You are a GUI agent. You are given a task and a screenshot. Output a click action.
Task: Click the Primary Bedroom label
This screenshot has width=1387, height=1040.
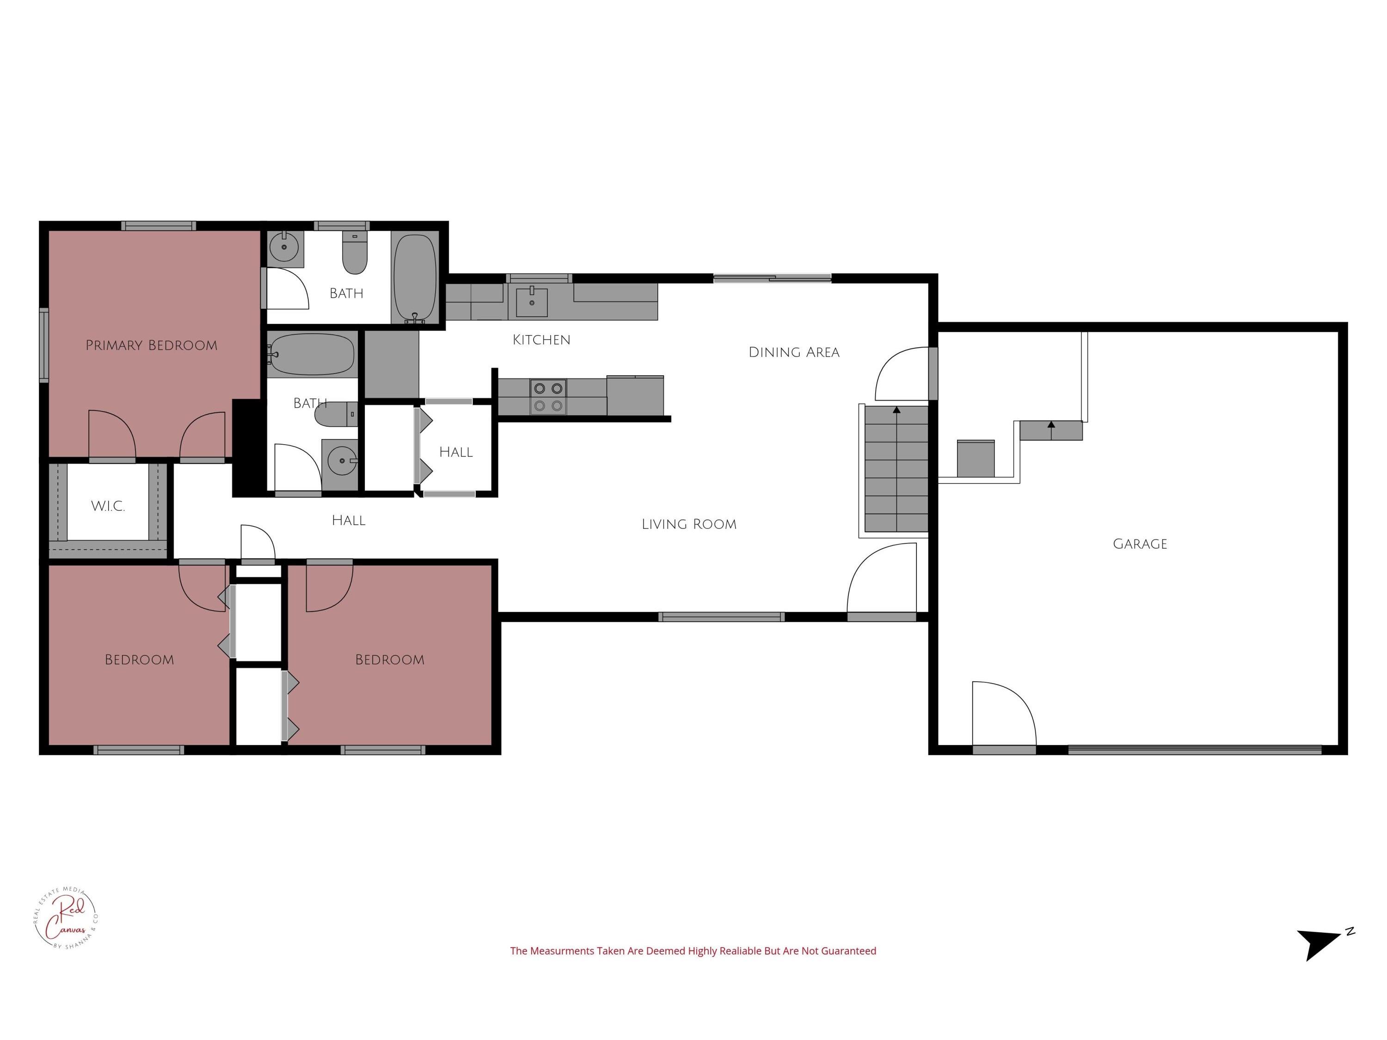pos(151,345)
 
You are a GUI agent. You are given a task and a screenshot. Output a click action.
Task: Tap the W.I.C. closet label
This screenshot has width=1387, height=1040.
pos(108,507)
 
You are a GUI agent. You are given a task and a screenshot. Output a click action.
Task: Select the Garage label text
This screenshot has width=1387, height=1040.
pos(1139,544)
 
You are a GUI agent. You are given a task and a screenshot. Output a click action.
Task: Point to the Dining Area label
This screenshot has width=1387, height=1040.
pos(793,352)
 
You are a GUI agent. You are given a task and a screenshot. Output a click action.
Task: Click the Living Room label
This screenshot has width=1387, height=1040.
pos(688,524)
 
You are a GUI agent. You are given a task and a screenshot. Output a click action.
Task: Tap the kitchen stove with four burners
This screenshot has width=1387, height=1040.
pos(547,397)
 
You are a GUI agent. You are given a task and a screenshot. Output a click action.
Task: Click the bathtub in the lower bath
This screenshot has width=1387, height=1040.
pos(312,354)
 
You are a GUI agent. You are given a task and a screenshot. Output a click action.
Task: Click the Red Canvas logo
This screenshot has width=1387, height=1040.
pos(65,918)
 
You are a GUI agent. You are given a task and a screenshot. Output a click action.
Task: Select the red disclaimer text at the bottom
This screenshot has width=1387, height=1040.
pos(693,951)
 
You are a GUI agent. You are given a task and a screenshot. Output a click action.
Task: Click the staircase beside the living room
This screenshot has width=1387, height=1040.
pos(896,469)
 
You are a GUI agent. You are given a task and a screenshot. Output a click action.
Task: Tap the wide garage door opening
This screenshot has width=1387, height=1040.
pos(1195,749)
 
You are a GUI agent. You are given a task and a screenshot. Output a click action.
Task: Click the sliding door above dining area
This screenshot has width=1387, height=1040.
pos(772,278)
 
